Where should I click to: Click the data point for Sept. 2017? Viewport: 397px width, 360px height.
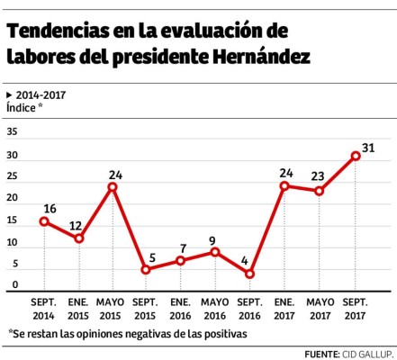tap(356, 156)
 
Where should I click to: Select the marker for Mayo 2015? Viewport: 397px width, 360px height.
tap(113, 187)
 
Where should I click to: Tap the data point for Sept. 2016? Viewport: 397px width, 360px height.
tap(249, 274)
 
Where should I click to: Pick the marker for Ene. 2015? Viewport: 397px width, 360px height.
tap(79, 238)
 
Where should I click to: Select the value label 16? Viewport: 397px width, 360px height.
tap(50, 209)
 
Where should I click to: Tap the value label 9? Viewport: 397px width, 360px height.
tap(214, 240)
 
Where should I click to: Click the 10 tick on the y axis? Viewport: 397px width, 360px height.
tap(12, 243)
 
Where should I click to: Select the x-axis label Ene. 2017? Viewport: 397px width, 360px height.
tap(284, 308)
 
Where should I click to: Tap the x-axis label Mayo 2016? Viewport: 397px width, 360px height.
tap(214, 308)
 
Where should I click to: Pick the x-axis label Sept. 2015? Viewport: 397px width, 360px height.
tap(146, 308)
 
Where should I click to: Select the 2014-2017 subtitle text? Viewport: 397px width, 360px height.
tap(41, 94)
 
